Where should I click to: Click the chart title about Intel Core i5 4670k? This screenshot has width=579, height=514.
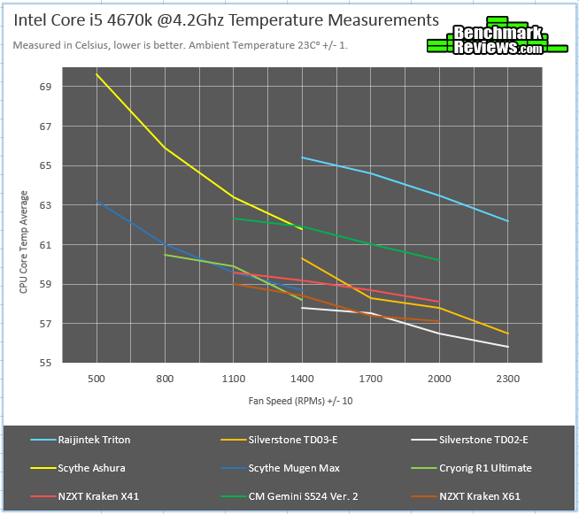(225, 19)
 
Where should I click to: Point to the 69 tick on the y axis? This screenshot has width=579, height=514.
(45, 87)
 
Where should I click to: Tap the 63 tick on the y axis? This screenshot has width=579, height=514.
(45, 205)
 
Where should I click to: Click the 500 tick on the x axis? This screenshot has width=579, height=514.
(96, 379)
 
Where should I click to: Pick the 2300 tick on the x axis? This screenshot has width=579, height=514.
(508, 379)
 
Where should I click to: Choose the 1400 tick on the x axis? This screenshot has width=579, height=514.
(302, 379)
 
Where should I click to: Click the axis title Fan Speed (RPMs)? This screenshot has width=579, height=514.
(303, 402)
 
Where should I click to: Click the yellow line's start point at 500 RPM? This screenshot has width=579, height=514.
(96, 74)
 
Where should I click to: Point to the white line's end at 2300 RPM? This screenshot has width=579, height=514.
(508, 347)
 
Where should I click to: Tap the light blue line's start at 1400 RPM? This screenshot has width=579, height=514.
(302, 157)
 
